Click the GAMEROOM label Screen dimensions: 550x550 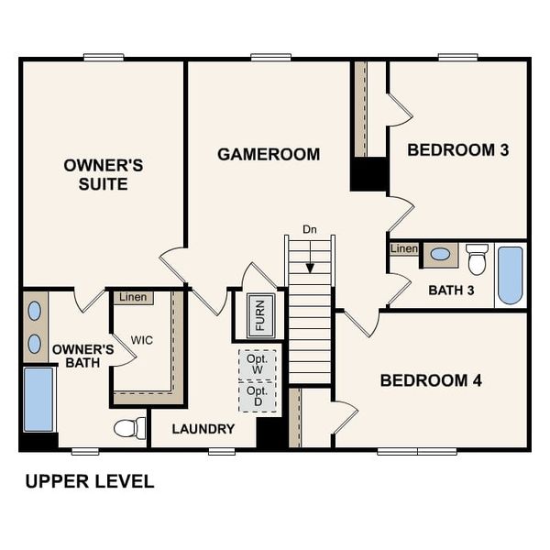(x=269, y=154)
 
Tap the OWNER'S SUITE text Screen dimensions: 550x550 (x=103, y=175)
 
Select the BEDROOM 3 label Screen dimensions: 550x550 (x=457, y=149)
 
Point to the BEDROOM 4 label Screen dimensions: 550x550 (x=431, y=379)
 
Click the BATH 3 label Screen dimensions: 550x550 (x=451, y=291)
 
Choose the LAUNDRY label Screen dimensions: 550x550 (x=203, y=428)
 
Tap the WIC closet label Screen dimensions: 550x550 (x=141, y=340)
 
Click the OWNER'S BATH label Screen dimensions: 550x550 (x=82, y=357)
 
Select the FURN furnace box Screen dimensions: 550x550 (x=260, y=315)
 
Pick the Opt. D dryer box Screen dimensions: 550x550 (x=257, y=396)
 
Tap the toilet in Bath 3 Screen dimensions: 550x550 (x=477, y=258)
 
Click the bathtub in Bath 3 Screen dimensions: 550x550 (x=510, y=274)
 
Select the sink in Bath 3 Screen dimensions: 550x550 (x=440, y=254)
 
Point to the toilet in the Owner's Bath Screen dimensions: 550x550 (x=130, y=427)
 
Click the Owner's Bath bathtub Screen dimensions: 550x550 (x=38, y=399)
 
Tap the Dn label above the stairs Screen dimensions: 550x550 (x=310, y=229)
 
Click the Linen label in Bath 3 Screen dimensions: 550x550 (x=403, y=249)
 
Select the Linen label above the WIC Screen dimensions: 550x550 (x=133, y=297)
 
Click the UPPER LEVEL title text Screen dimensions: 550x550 (x=89, y=481)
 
